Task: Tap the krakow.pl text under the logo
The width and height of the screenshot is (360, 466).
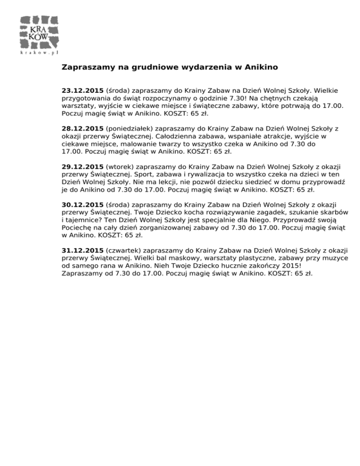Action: click(40, 53)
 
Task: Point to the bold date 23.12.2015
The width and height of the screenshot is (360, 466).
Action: click(82, 90)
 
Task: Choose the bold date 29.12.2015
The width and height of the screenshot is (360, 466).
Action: click(82, 166)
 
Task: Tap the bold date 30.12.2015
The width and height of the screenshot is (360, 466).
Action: click(82, 205)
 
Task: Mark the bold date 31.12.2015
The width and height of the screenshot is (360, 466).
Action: click(82, 251)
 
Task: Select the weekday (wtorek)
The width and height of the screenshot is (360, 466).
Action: click(120, 166)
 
